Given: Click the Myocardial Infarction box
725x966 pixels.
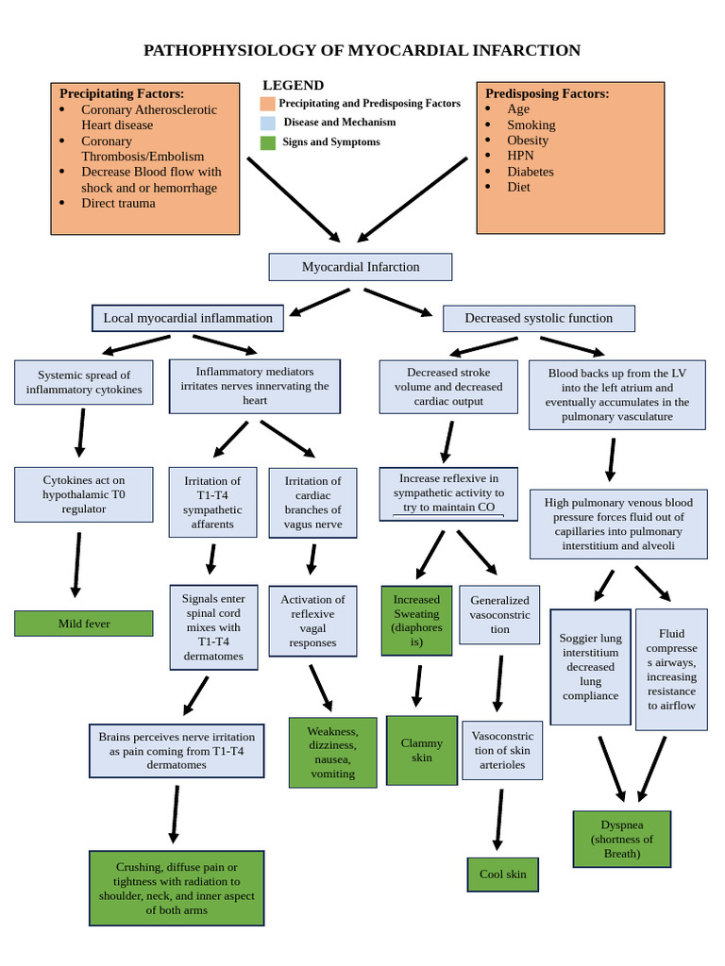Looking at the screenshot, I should [x=360, y=267].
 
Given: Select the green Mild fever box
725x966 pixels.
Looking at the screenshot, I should [x=83, y=624].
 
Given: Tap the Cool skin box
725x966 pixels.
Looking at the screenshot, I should [x=502, y=874].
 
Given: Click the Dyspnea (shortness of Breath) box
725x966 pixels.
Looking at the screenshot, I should [x=621, y=839].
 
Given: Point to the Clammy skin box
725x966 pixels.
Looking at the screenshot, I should [x=421, y=750].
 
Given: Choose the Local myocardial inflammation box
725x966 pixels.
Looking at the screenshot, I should [x=187, y=318].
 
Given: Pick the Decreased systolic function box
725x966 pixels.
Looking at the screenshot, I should [x=538, y=318].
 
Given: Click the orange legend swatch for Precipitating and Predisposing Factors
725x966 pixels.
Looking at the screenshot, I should [x=268, y=104].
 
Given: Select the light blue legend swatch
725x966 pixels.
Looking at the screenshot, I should [x=268, y=123].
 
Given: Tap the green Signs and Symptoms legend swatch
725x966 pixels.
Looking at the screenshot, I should [x=268, y=142].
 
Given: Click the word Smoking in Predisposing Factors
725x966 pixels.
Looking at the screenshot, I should [x=531, y=125].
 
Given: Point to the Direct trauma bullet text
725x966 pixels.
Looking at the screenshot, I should [x=118, y=203].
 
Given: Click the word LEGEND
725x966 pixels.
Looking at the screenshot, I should [x=293, y=85].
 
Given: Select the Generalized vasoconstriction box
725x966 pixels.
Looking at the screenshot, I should [x=499, y=614].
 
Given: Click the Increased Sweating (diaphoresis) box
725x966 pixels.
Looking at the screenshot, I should [x=416, y=621].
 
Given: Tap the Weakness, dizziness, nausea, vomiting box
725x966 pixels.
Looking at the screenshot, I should [x=332, y=752].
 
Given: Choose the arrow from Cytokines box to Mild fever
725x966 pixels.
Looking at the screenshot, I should [x=76, y=564].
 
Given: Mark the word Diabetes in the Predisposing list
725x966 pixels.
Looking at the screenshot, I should [x=530, y=172].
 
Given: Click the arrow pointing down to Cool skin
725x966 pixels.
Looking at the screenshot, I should [x=498, y=819].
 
